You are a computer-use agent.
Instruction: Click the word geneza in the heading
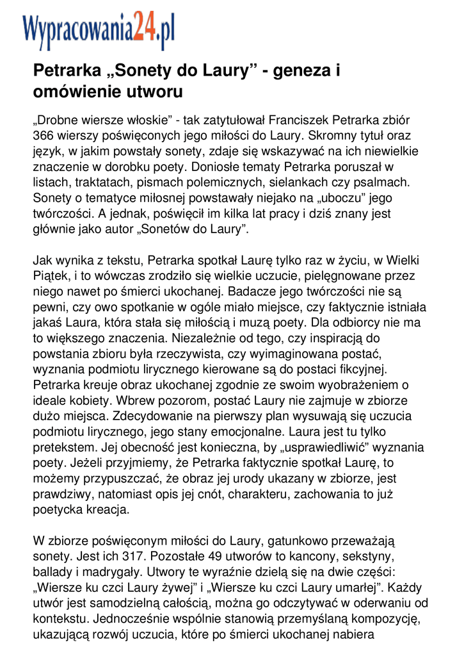(x=300, y=70)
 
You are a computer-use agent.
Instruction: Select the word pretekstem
(x=61, y=448)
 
